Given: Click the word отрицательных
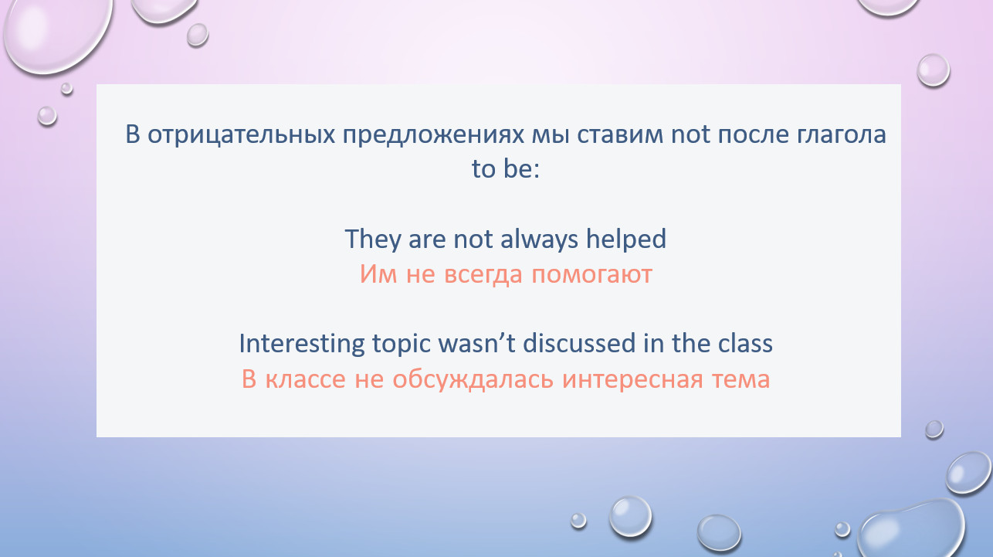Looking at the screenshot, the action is (241, 135).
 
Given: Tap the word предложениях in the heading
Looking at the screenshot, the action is (433, 135).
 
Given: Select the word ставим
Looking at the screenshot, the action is (620, 134).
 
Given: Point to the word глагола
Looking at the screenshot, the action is (842, 134).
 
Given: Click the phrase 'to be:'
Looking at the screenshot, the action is (506, 168).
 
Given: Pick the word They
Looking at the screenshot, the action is (373, 239).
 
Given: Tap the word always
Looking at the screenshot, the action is (539, 239).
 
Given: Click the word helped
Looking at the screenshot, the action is (626, 239).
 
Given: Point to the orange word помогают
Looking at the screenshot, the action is (591, 274).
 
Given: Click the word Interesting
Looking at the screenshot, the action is (301, 344).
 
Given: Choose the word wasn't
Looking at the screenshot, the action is (476, 344).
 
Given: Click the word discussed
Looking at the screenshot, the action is (579, 344).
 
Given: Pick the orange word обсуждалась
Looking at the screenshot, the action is (473, 379).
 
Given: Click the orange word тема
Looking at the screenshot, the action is (741, 379).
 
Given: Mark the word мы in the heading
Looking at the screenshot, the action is (550, 135).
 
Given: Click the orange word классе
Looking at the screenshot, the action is (306, 379).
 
